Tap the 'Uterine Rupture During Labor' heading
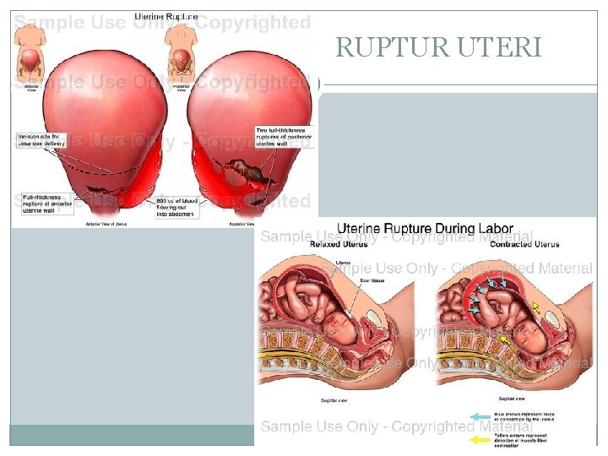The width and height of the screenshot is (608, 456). (x=425, y=228)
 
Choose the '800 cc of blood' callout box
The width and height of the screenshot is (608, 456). (x=176, y=208)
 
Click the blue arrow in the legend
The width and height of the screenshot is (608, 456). (x=480, y=416)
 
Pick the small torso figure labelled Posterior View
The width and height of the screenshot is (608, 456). (x=182, y=51)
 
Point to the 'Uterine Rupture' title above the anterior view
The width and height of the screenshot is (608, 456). (x=166, y=17)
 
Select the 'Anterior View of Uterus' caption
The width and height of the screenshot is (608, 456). (x=105, y=224)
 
